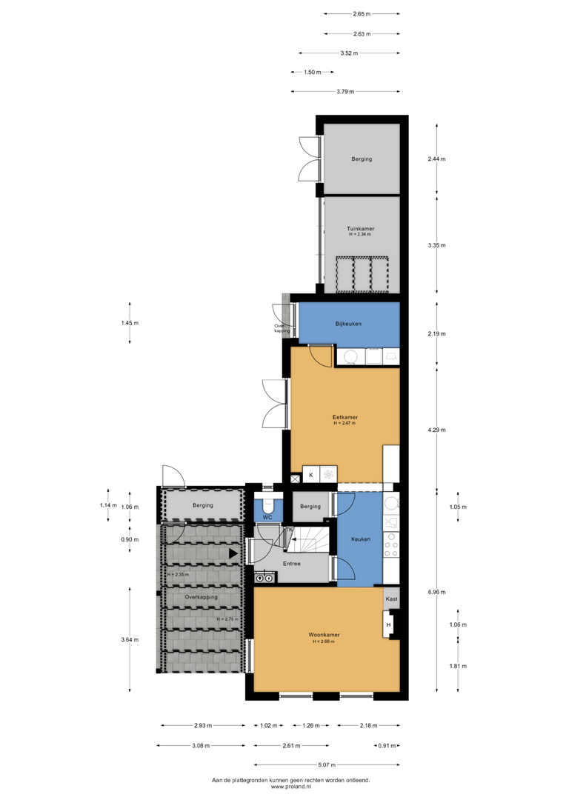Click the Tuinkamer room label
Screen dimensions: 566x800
[360, 229]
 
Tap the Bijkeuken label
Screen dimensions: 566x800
[348, 324]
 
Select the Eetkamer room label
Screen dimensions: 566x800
[345, 417]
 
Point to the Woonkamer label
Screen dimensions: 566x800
[324, 635]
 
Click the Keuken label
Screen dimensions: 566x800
[361, 539]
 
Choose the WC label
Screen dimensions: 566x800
[267, 517]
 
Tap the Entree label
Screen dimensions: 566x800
[291, 564]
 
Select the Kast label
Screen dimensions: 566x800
[391, 599]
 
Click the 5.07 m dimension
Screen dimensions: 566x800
[327, 764]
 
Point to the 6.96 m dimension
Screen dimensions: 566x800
[437, 592]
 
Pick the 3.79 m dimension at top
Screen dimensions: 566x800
[345, 92]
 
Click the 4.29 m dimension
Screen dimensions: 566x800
[437, 430]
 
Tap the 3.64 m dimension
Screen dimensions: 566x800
[130, 639]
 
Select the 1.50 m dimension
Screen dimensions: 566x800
[313, 73]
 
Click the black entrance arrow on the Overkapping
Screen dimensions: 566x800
[233, 553]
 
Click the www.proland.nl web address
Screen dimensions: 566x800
[291, 787]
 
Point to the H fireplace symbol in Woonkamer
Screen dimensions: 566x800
[388, 625]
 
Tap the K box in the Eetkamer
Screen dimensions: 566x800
[311, 475]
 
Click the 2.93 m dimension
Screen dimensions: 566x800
[202, 725]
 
